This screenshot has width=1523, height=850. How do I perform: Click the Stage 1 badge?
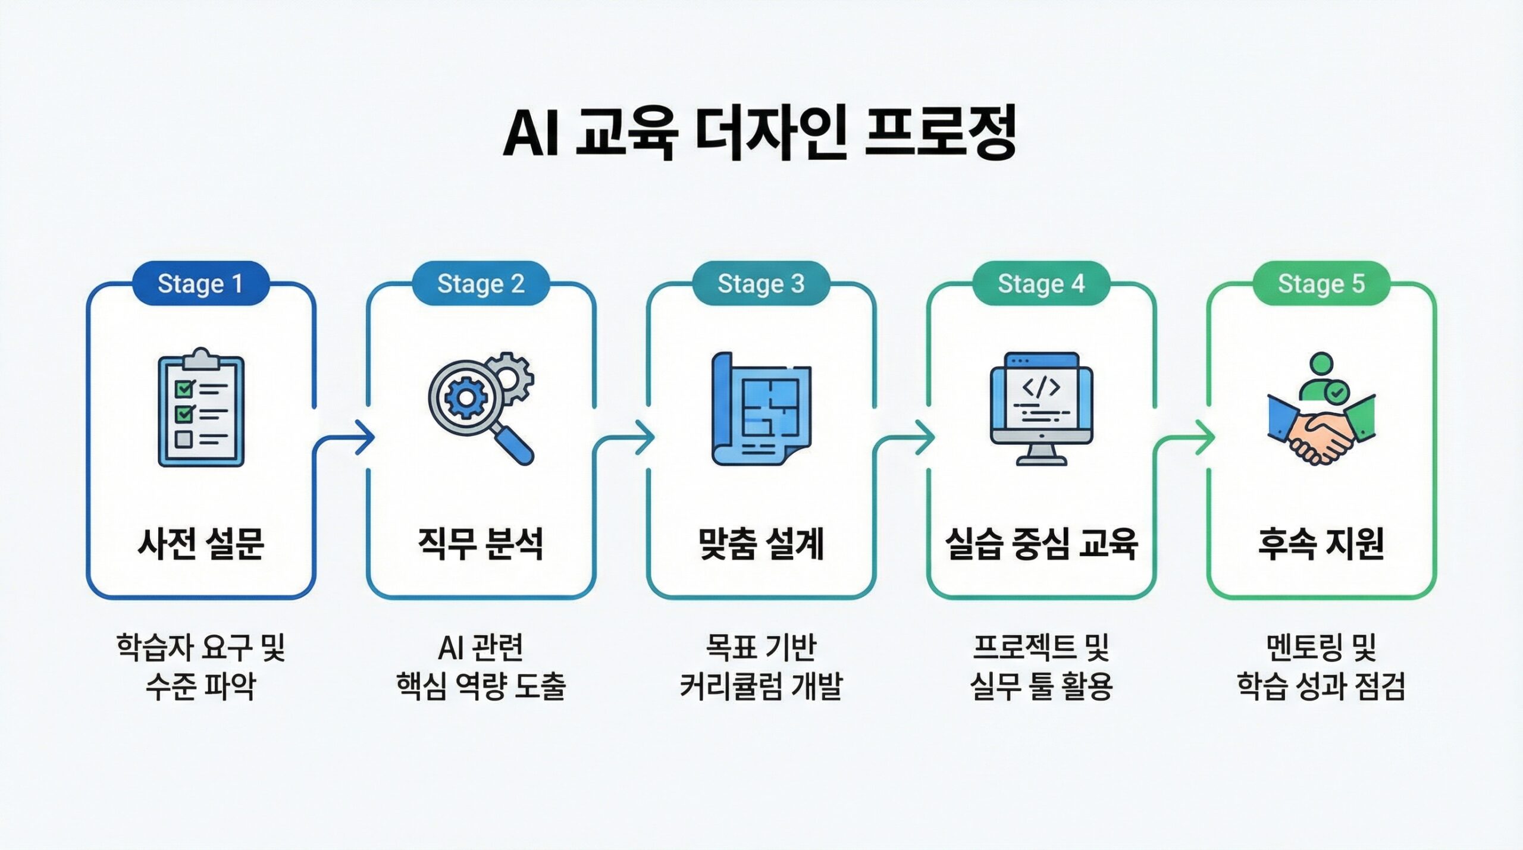200,284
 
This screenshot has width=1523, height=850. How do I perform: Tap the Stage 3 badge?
761,284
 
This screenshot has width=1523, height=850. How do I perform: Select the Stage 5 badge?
1321,284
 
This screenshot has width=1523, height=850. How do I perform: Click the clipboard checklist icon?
201,408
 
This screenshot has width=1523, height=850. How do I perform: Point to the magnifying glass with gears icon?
481,408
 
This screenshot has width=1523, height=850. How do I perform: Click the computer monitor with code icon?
1041,408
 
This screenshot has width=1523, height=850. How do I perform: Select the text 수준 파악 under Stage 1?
201,686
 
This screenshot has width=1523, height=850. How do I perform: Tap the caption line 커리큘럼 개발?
761,686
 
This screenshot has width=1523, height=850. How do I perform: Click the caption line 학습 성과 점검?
1321,686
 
